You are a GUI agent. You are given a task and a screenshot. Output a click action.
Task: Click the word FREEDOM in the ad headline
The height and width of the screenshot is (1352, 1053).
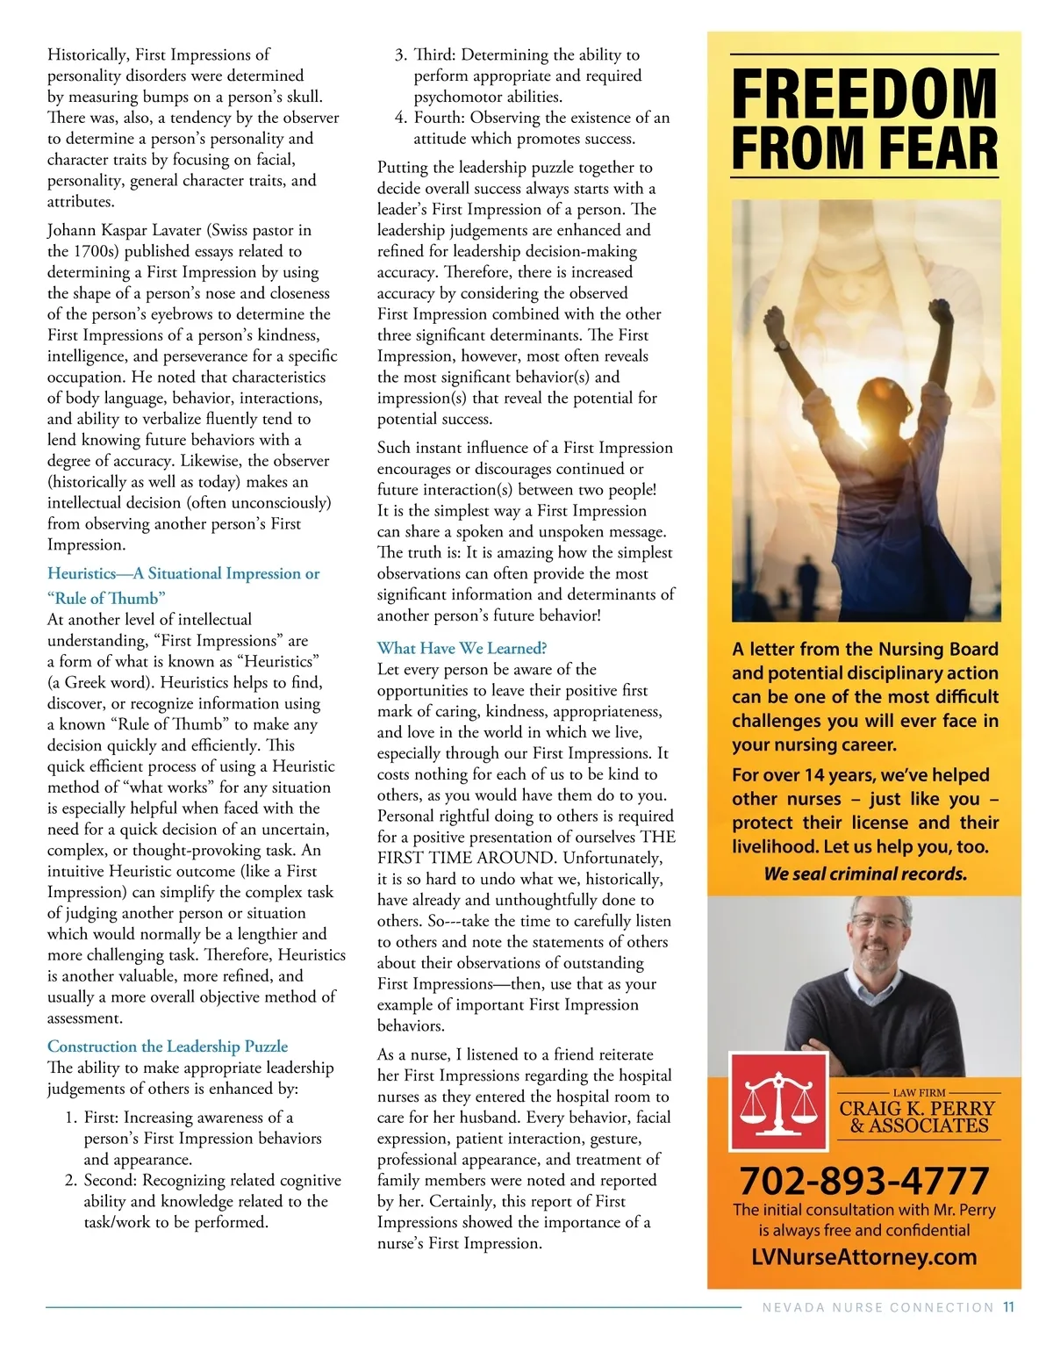tap(864, 94)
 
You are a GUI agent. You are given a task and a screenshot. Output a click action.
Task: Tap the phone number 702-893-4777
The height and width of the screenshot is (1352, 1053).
tap(864, 1180)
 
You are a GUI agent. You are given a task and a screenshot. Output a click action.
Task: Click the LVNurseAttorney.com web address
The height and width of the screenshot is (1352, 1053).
tap(864, 1256)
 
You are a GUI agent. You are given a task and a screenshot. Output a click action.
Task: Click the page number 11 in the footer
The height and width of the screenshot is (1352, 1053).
tap(1008, 1307)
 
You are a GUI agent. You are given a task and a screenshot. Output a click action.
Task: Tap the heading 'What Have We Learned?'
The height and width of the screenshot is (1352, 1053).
tap(462, 648)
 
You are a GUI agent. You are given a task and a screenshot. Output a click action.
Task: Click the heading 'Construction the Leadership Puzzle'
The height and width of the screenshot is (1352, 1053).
tap(168, 1046)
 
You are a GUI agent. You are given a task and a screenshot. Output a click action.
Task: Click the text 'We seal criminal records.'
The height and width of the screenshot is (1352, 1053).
tap(864, 874)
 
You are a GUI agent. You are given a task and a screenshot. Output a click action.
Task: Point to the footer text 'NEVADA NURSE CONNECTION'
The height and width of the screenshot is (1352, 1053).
tap(877, 1307)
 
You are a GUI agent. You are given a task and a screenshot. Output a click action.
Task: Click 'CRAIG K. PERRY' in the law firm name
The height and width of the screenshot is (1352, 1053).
tap(917, 1109)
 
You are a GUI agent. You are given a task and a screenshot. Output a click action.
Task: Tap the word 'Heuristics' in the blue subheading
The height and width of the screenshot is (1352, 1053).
tap(82, 573)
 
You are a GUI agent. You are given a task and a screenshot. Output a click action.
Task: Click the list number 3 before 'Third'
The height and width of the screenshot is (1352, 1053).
tap(399, 54)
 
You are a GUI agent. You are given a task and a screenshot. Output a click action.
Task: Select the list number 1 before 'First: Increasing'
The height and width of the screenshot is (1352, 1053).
tap(70, 1117)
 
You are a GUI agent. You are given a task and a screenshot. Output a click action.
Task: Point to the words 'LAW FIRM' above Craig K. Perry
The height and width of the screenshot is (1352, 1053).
tap(919, 1093)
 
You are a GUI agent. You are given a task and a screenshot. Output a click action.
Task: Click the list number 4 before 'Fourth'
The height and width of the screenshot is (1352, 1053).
tap(399, 118)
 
